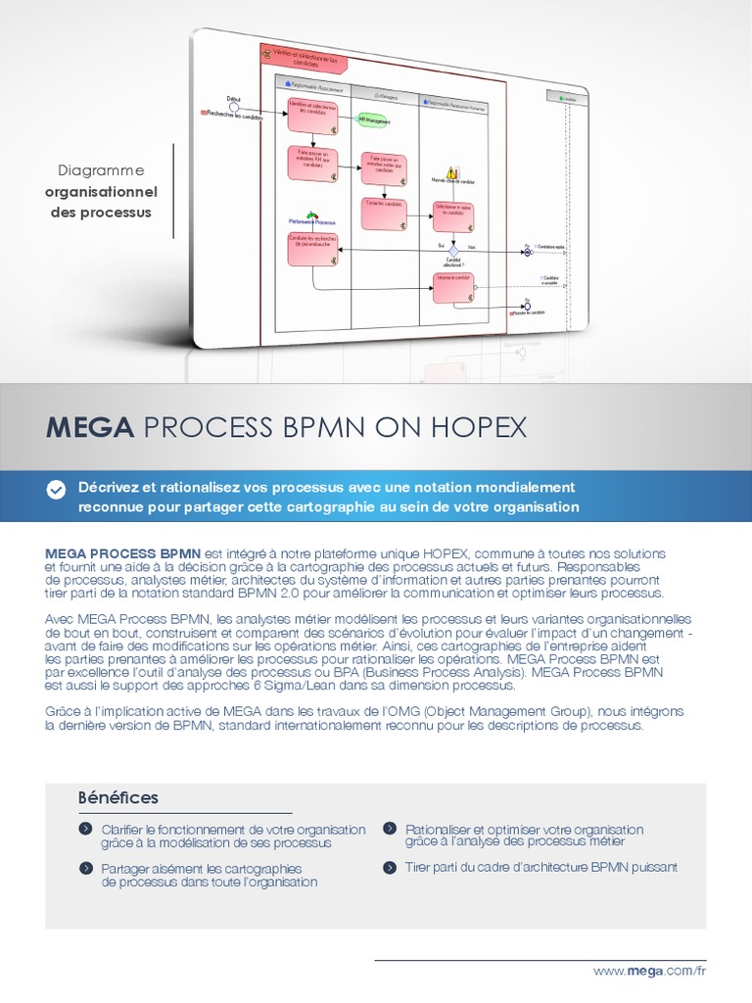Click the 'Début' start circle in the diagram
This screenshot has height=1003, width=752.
(233, 107)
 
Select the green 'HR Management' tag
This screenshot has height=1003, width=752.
(373, 121)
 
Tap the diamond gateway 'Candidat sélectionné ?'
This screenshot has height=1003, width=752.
(453, 251)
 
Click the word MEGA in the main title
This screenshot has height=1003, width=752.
(89, 428)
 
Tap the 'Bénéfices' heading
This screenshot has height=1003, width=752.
(117, 798)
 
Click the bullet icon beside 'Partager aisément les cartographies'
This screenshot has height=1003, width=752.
(85, 868)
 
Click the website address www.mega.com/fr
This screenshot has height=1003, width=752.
(649, 970)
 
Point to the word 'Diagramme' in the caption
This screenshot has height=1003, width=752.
(101, 169)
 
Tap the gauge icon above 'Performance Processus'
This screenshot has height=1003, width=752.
(312, 215)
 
